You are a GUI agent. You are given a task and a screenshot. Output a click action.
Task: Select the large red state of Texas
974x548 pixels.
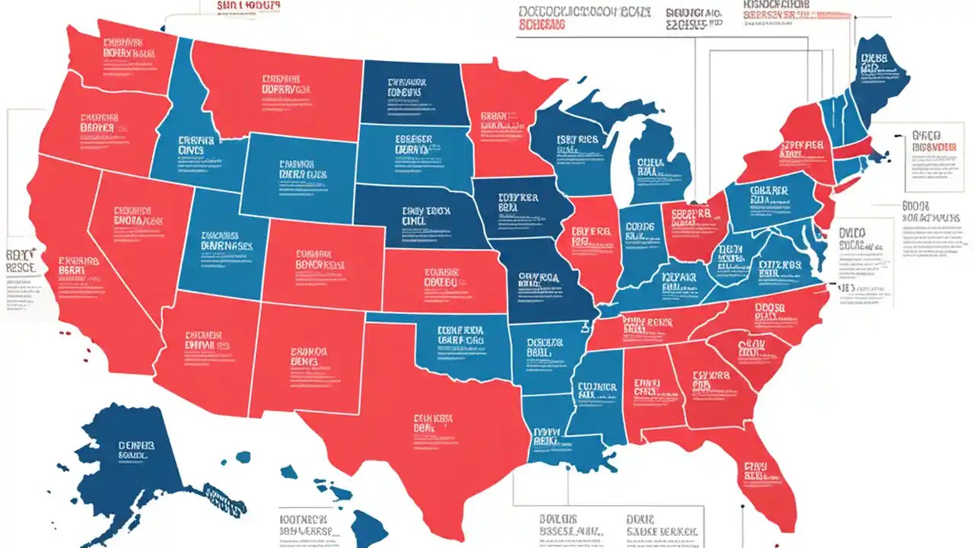(x=426, y=441)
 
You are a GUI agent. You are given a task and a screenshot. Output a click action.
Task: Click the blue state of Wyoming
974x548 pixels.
(x=301, y=175)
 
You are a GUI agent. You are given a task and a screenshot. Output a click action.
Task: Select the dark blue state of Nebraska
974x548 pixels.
(x=419, y=217)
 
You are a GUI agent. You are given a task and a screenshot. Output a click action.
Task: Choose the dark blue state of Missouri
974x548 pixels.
(x=544, y=282)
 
